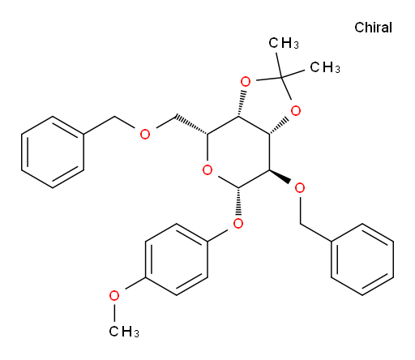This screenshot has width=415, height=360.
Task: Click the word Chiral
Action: coord(373,28)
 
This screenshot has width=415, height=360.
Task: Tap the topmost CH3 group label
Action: coord(284,43)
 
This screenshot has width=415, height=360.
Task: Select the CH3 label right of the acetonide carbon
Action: coord(325,67)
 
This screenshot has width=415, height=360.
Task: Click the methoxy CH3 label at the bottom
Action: coord(124,331)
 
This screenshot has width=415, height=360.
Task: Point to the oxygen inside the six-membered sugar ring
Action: coord(207,170)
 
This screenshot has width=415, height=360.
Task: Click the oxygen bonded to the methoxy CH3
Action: coord(114,296)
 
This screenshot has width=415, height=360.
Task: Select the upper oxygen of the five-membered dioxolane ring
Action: coord(246,81)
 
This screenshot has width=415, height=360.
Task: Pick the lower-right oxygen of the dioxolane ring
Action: coord(296,111)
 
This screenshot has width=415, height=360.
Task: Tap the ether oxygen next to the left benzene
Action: coord(145,135)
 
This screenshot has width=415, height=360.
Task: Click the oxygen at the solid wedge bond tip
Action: coord(300,188)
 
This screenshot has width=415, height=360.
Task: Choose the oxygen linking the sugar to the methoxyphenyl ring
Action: coord(238,223)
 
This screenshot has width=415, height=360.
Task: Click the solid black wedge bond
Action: coord(280,177)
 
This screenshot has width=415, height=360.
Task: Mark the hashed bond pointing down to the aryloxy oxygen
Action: coord(238,202)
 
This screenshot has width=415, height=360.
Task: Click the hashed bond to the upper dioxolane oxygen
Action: coord(242,103)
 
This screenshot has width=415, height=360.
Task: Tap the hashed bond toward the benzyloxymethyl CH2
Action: coord(191,125)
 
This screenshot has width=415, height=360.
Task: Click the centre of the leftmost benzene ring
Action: coord(53,152)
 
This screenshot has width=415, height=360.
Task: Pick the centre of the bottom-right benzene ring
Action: coord(362,259)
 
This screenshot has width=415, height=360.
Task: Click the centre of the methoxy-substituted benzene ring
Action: coord(177,259)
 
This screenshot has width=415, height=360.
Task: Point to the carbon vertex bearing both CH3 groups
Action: coord(281,78)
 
